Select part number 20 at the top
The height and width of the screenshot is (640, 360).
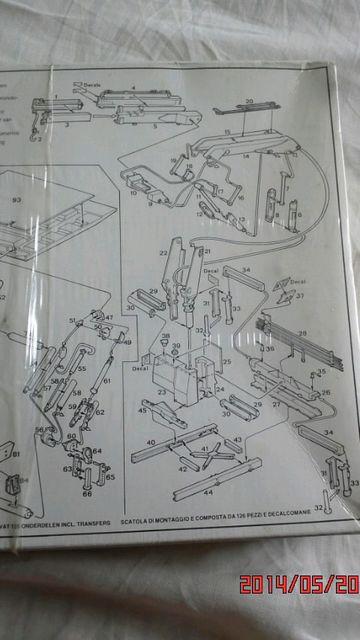coord(249,101)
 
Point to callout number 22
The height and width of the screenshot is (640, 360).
coord(162,254)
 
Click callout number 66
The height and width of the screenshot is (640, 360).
coord(87,493)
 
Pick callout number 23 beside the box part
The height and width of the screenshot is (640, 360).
coord(161,392)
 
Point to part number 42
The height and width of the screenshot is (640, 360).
coord(183,466)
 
